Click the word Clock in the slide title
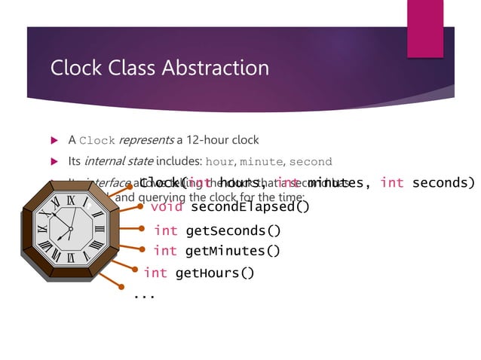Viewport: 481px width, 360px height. point(75,68)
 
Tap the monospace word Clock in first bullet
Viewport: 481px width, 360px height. point(97,140)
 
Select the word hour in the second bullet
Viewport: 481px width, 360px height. point(220,161)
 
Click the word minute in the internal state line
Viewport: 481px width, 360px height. point(262,161)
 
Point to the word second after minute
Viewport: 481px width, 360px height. point(311,161)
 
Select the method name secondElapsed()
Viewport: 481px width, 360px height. point(250,206)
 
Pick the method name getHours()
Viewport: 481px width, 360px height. point(215,273)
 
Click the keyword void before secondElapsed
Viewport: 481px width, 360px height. point(167,206)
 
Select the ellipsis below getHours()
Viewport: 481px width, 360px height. point(144,296)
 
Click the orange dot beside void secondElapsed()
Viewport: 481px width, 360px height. point(140,206)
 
